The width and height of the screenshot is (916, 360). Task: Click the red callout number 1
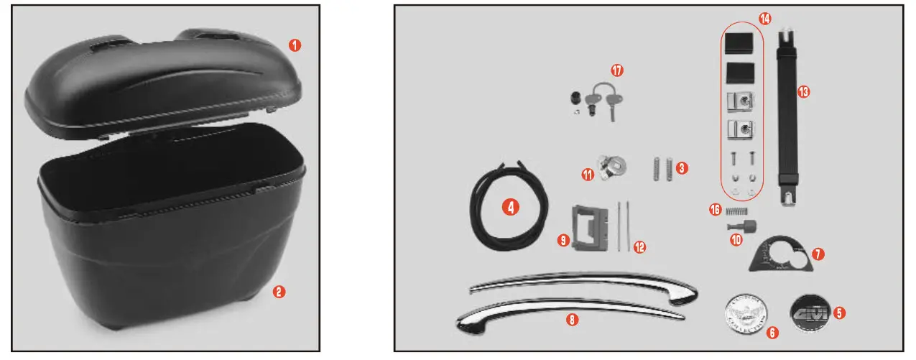[x=295, y=45]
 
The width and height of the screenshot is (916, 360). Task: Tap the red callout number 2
[x=279, y=291]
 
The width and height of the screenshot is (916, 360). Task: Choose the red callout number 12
[x=639, y=247]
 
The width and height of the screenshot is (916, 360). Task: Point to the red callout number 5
[x=839, y=313]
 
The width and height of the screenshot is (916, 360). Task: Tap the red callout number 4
[x=510, y=207]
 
